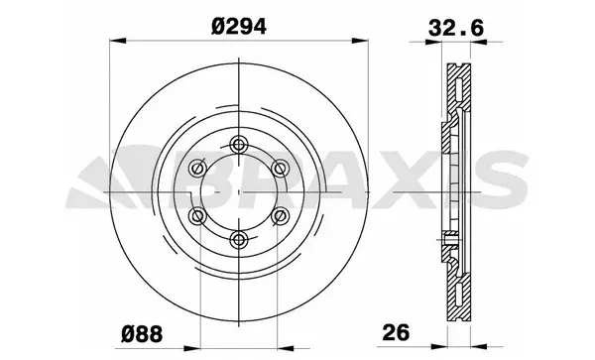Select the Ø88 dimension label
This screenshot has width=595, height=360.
click(x=145, y=331)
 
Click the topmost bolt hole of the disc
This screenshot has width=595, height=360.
click(x=239, y=147)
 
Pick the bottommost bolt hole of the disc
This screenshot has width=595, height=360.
click(x=239, y=238)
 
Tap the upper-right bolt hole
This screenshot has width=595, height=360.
click(x=280, y=170)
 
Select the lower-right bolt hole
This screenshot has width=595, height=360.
click(x=280, y=215)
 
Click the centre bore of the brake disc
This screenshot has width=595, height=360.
click(x=238, y=192)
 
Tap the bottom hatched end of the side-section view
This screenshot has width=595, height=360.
click(x=459, y=298)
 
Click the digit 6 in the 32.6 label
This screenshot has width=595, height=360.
click(x=471, y=27)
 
